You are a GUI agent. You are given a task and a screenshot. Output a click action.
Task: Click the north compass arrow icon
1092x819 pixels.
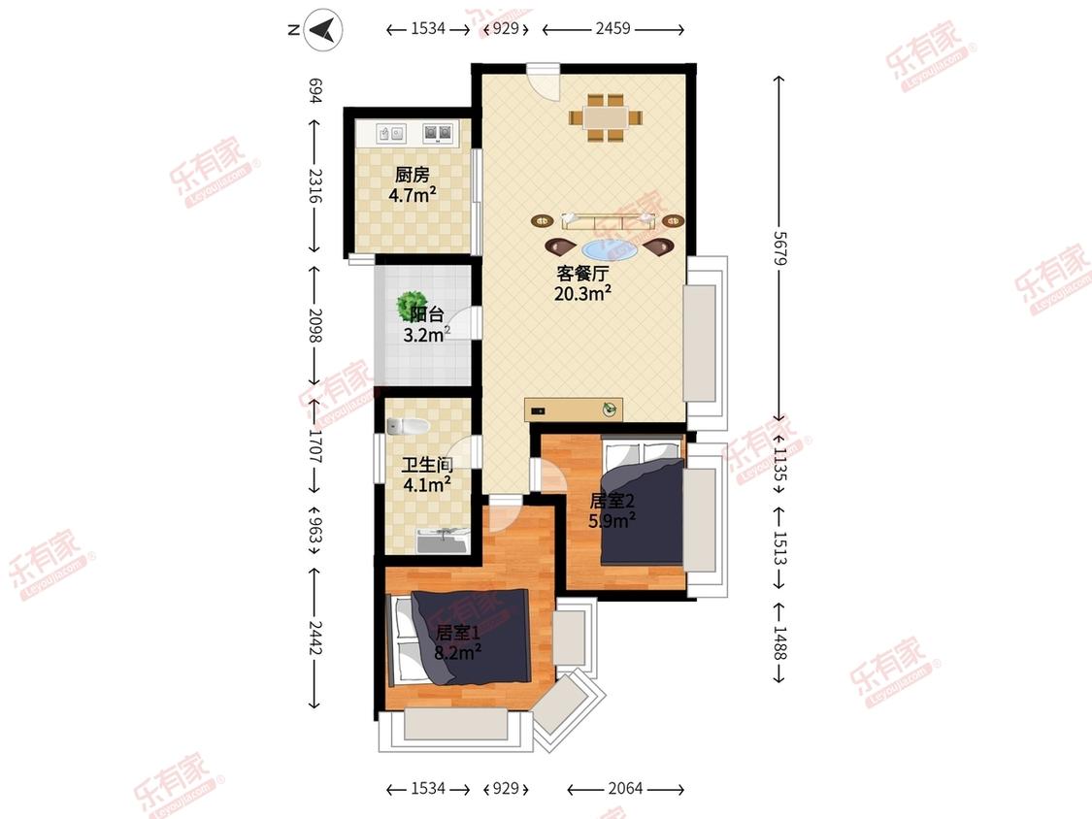coord(323,30)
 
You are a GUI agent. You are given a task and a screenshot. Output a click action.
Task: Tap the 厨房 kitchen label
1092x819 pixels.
coord(413,175)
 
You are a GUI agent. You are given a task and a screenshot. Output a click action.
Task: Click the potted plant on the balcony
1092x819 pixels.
coord(409,305)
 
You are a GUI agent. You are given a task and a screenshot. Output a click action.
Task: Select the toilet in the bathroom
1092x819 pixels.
coord(408,426)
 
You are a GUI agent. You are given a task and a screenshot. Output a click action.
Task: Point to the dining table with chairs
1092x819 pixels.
coord(605,118)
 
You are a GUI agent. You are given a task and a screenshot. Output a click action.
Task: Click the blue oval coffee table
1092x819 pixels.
coord(610,249)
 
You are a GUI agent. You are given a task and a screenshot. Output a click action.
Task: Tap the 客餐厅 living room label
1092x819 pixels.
coord(582,273)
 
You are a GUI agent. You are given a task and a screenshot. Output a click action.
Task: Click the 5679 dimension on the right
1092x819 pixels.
coord(779,247)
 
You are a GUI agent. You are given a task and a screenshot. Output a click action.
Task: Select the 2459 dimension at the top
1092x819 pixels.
coord(612,28)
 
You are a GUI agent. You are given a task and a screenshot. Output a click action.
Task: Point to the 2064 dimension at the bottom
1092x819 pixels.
coord(625,788)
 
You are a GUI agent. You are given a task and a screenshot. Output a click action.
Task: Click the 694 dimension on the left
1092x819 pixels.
coord(314,90)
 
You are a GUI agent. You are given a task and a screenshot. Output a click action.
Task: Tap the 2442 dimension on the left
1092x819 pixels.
coord(314,638)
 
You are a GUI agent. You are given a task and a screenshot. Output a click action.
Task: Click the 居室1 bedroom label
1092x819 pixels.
coord(457,633)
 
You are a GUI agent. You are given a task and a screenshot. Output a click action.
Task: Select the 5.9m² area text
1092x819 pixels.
coord(612,519)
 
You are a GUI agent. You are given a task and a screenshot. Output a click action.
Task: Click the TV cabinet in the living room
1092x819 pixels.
coord(573,409)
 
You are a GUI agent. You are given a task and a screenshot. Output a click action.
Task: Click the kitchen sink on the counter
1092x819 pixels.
coord(391,133)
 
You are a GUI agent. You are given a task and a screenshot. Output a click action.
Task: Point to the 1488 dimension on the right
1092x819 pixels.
coord(779,643)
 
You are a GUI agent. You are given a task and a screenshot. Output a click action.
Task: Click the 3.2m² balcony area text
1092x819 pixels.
coord(427,334)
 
